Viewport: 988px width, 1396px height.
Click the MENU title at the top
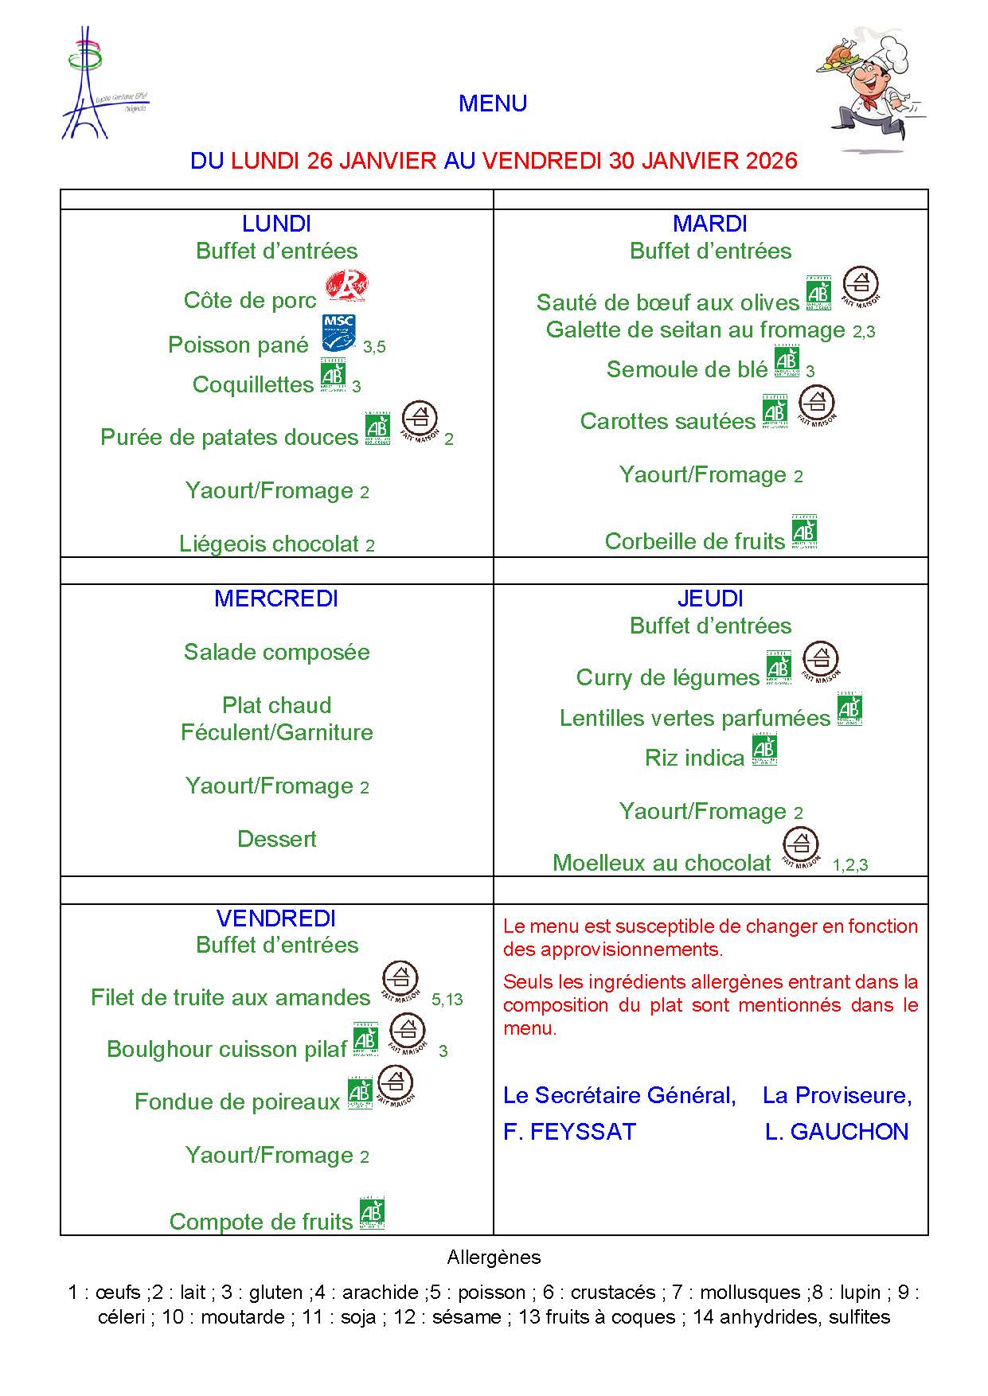(x=493, y=103)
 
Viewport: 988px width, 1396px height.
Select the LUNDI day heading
(x=276, y=224)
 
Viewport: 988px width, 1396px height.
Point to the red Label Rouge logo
(x=348, y=286)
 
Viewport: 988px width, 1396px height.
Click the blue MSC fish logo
(x=338, y=333)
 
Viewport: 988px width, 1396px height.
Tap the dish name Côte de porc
(x=250, y=300)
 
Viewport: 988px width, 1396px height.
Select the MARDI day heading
(x=710, y=224)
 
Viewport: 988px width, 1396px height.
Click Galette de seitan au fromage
(x=695, y=330)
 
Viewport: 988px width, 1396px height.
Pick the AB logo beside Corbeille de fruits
(x=805, y=532)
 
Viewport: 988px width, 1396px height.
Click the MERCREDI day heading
(x=276, y=599)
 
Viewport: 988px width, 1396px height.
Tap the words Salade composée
(x=276, y=652)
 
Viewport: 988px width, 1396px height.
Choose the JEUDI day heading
(x=710, y=599)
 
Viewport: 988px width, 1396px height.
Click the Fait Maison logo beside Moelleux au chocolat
(x=801, y=848)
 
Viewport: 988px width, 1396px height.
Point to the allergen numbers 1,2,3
(x=850, y=865)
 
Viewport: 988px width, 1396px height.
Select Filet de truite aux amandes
(x=231, y=997)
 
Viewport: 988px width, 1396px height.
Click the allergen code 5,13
(x=447, y=1000)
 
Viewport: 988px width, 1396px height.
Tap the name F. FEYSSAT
(x=569, y=1132)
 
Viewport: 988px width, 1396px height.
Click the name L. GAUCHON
(x=837, y=1132)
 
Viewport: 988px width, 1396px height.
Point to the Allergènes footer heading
(x=494, y=1258)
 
